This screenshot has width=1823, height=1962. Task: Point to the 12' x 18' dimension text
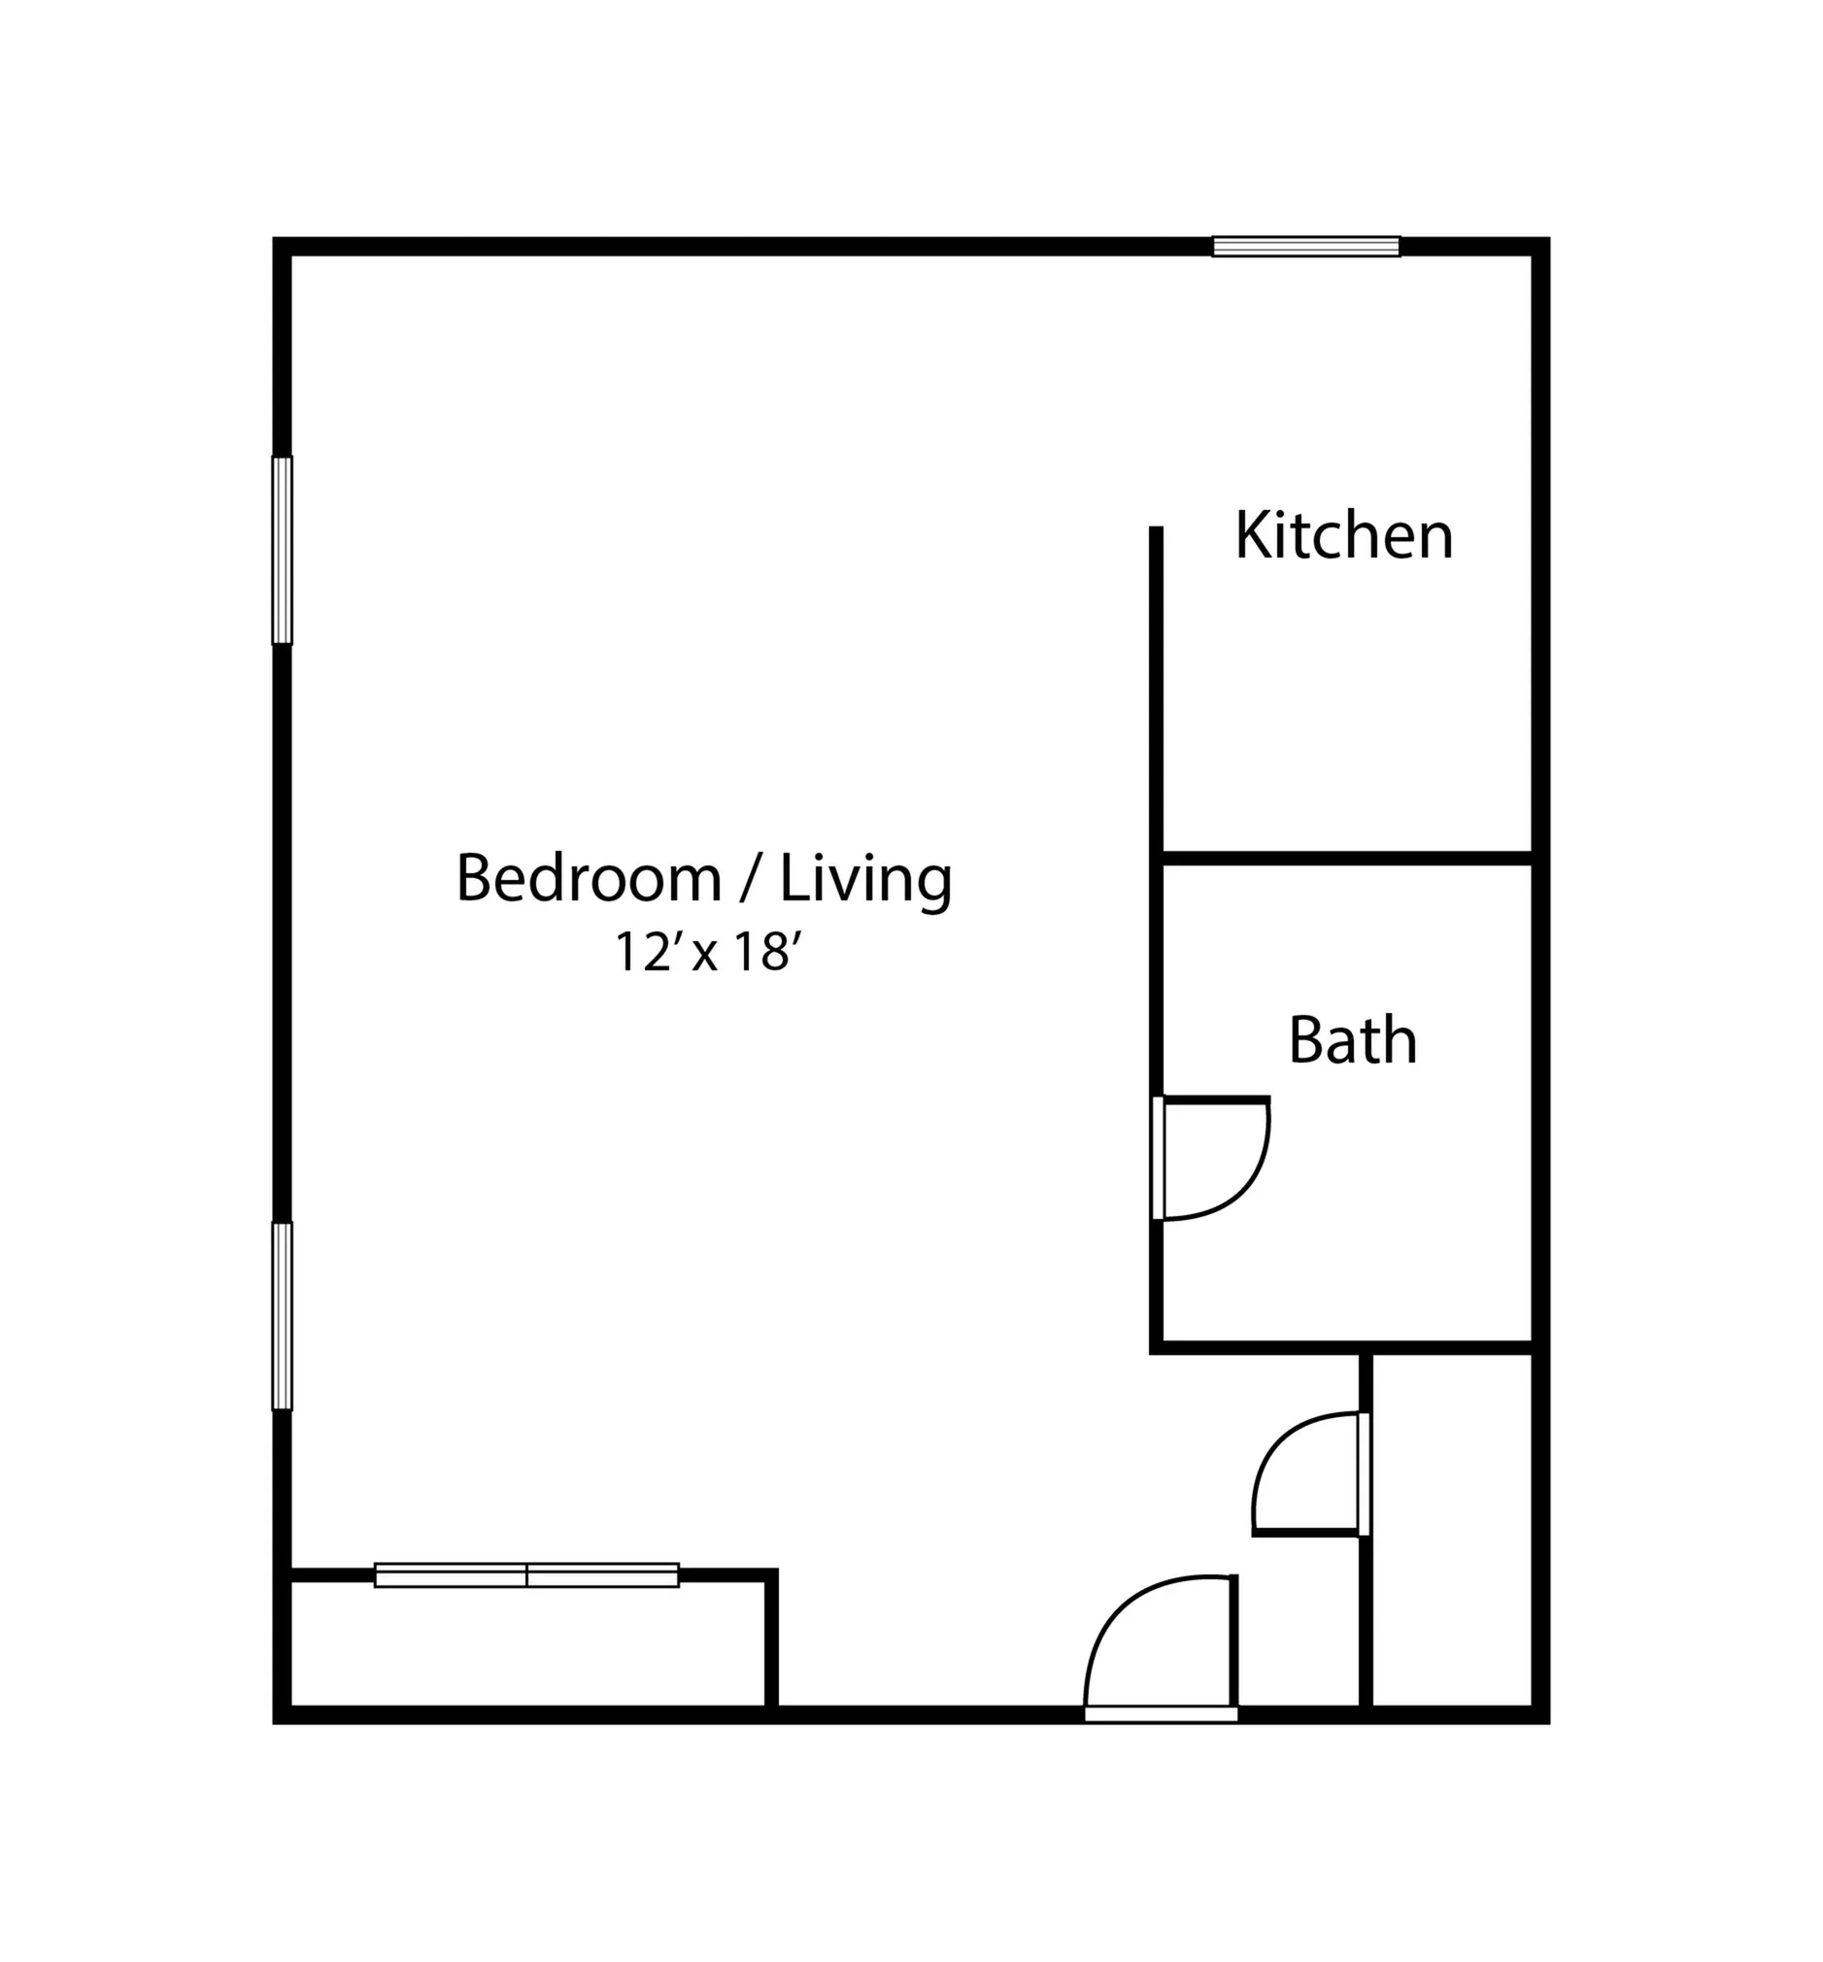(x=706, y=952)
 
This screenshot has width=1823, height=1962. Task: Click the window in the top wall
(x=1306, y=247)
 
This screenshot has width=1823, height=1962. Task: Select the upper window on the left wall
(x=282, y=551)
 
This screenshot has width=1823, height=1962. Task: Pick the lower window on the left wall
(x=282, y=1316)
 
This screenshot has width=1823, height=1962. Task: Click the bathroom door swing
(x=1213, y=1159)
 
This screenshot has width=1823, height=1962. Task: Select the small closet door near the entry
(x=1308, y=1473)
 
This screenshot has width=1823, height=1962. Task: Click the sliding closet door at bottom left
(x=526, y=1575)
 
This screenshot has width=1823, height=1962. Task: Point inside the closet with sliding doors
(x=526, y=1643)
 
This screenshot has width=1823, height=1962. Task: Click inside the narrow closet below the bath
(x=1452, y=1529)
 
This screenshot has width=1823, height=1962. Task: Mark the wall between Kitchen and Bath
(x=1347, y=859)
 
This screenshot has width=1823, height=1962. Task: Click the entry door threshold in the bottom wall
(x=1161, y=1715)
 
